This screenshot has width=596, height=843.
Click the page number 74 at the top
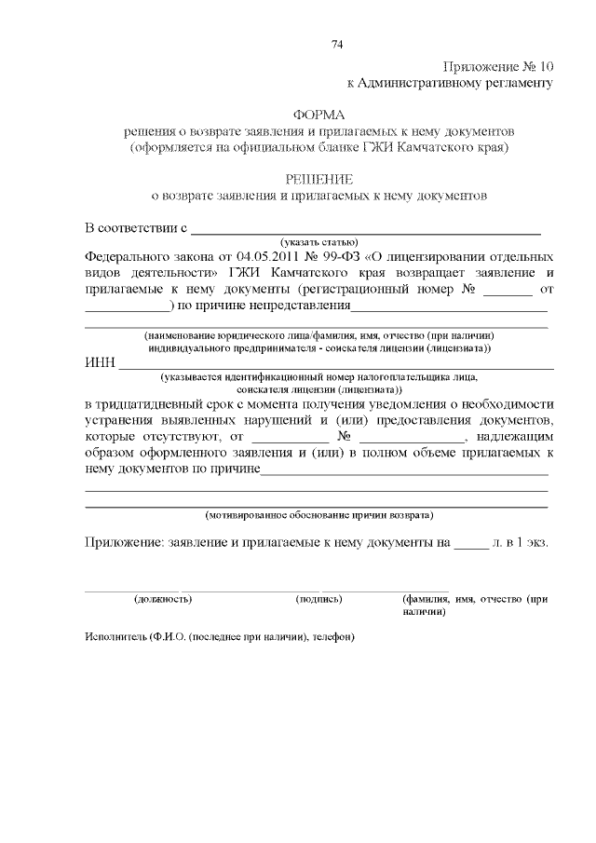(337, 45)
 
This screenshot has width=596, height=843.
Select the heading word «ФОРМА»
(318, 115)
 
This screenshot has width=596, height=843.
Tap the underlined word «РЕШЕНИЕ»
(318, 179)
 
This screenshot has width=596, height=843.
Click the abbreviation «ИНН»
(99, 362)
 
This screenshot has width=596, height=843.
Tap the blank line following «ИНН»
(335, 367)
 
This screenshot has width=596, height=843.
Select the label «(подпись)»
(318, 599)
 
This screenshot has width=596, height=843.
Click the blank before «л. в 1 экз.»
(471, 545)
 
